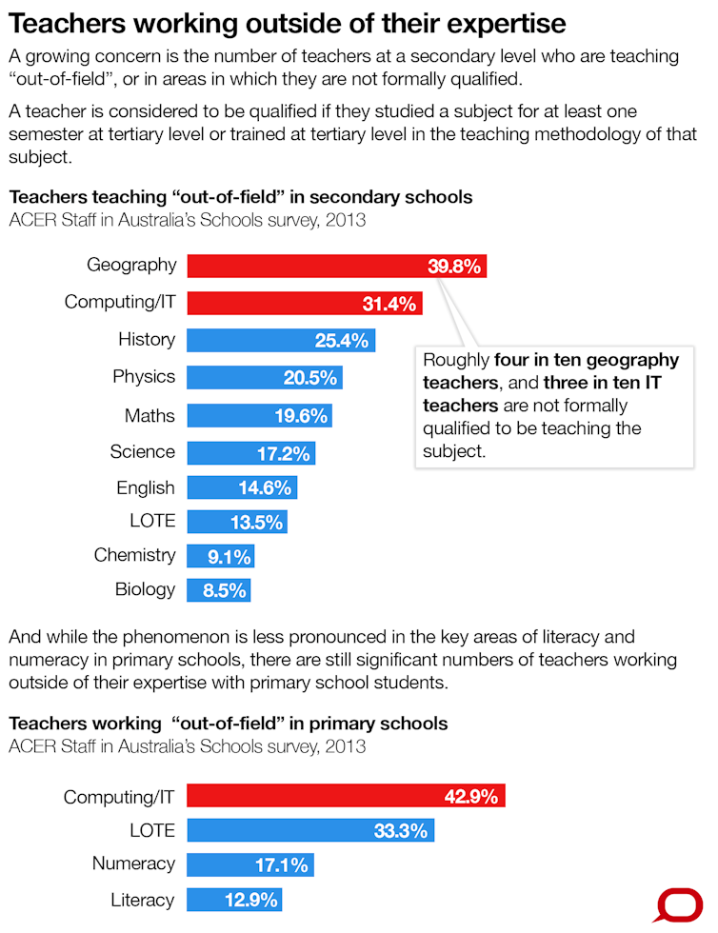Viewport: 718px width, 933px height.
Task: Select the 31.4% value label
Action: click(389, 304)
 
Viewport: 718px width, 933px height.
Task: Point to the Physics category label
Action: click(144, 377)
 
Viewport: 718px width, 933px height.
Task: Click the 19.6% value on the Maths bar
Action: click(300, 415)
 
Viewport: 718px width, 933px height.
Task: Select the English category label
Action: click(146, 488)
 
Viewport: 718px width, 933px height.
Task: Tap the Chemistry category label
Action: click(134, 555)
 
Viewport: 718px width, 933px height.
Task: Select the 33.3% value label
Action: click(399, 831)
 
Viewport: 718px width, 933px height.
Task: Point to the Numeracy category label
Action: click(133, 864)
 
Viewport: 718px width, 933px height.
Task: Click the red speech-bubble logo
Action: click(677, 905)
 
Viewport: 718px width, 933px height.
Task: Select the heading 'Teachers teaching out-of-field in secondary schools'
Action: click(240, 198)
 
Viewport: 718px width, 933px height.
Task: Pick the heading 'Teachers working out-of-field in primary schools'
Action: click(228, 724)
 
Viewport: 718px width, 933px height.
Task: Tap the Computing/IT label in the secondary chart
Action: click(120, 303)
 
